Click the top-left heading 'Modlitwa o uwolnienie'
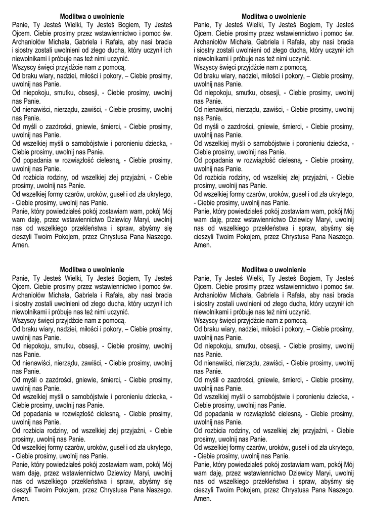[x=91, y=17]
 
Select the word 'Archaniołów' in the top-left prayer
[x=29, y=42]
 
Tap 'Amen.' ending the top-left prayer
[x=20, y=245]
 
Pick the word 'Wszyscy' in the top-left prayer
[x=23, y=67]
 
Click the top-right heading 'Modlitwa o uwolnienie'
[x=273, y=17]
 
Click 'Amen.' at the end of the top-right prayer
[x=202, y=245]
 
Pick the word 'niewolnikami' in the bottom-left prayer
[x=28, y=312]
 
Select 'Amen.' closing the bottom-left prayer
[x=20, y=499]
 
